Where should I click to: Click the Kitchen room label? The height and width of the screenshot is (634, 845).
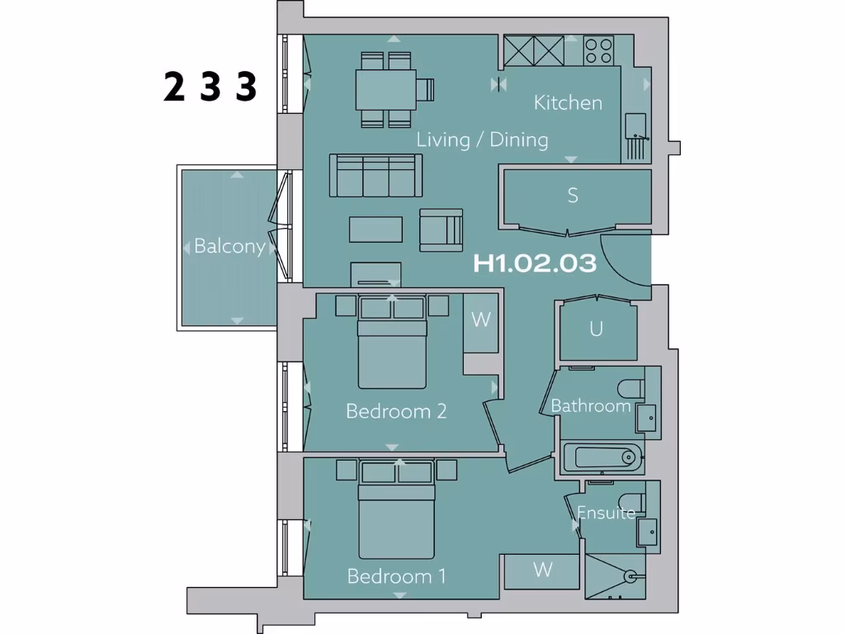point(568,103)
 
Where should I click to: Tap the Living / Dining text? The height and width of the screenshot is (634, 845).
point(482,140)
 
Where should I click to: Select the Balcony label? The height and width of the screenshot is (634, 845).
point(229,246)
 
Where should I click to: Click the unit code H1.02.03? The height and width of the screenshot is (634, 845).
point(535,264)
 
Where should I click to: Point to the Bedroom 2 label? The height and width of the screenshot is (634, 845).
point(396,410)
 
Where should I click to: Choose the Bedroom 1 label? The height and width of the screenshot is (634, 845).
point(396,575)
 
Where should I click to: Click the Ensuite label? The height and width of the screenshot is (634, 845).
point(606,513)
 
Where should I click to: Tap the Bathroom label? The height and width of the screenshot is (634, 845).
point(591,405)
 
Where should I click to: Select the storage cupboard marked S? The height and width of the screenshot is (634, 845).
point(573,196)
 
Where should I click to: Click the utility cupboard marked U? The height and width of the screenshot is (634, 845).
point(596,329)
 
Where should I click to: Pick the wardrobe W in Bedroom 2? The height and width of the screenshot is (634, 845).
point(480,320)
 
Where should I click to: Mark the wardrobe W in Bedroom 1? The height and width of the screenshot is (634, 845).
point(542,570)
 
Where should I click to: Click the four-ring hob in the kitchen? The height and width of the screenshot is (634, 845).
point(599,51)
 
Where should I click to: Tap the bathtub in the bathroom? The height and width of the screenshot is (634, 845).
point(602,457)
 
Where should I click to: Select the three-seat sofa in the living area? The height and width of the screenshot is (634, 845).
point(375,175)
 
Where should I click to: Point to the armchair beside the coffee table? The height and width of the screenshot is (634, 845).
point(441,229)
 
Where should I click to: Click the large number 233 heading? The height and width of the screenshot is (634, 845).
point(210,87)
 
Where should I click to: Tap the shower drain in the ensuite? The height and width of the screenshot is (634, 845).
point(630,575)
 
